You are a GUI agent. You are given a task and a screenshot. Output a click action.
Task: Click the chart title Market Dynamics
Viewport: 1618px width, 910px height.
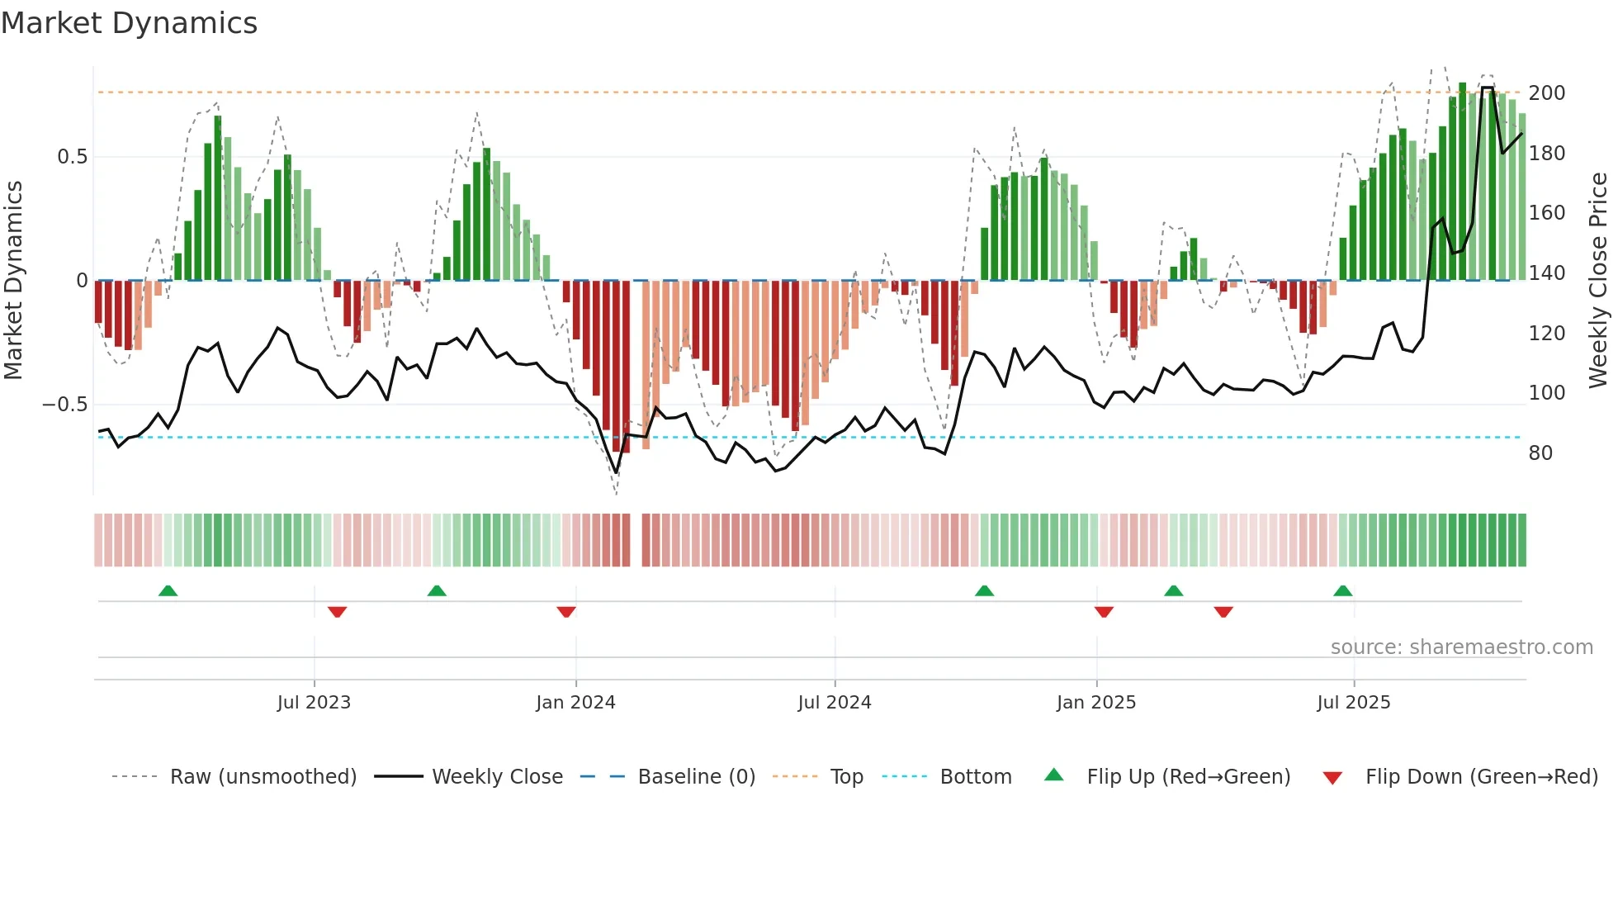[129, 23]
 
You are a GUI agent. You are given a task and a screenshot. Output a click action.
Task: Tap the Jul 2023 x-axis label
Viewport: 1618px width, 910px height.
[314, 703]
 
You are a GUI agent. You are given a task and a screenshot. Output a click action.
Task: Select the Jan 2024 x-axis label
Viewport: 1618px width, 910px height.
[575, 703]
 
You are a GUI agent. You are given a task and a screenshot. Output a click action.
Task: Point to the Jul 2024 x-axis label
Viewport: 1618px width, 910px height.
[834, 703]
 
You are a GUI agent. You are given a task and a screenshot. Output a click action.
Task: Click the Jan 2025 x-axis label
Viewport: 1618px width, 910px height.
[1095, 703]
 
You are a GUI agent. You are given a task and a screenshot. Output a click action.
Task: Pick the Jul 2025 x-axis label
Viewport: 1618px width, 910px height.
[1353, 703]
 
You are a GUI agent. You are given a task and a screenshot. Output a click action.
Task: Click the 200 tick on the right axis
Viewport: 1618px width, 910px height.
[1546, 93]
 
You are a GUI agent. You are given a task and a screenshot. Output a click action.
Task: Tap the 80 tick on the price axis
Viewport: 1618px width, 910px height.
[1540, 453]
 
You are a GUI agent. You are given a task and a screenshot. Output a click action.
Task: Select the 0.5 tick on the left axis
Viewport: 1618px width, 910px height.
[72, 157]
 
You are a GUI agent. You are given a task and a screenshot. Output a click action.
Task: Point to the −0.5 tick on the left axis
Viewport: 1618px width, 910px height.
[65, 405]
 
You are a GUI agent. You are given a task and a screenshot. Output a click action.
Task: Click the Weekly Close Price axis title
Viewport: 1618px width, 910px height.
[1598, 280]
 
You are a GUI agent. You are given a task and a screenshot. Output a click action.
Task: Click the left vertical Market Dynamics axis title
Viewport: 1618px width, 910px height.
[14, 280]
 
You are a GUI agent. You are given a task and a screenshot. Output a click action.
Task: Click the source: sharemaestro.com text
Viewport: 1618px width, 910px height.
[1461, 647]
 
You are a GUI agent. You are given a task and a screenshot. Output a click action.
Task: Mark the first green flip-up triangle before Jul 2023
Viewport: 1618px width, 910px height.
[168, 590]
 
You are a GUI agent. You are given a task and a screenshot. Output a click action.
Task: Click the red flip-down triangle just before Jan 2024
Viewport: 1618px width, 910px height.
[566, 612]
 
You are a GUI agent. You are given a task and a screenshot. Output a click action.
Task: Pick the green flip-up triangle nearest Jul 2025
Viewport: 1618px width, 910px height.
[1342, 590]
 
